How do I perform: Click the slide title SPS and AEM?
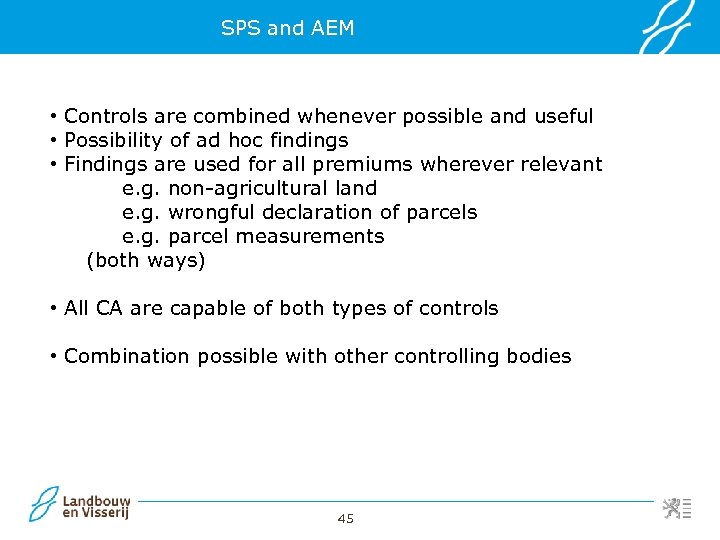pyautogui.click(x=288, y=28)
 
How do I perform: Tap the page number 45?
pyautogui.click(x=346, y=518)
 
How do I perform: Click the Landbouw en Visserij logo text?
pyautogui.click(x=96, y=507)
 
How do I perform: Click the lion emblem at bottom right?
pyautogui.click(x=672, y=508)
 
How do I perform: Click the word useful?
pyautogui.click(x=561, y=117)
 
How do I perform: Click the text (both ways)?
pyautogui.click(x=146, y=261)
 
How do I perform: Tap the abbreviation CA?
pyautogui.click(x=109, y=309)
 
